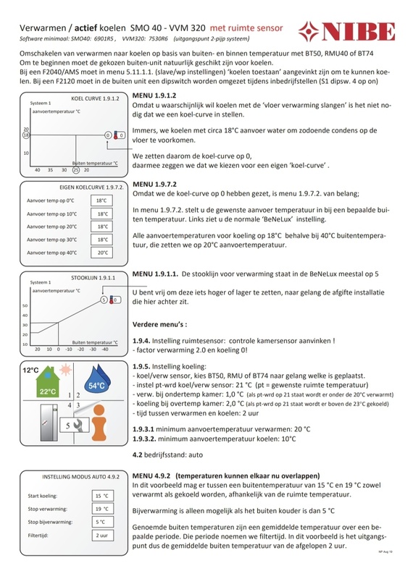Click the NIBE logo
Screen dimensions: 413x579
347,31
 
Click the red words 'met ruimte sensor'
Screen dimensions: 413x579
246,28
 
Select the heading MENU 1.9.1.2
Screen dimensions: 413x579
154,96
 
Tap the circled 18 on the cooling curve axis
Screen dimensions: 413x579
26,135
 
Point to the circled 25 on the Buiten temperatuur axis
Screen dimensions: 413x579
76,170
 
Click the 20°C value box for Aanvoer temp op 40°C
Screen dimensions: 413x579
101,253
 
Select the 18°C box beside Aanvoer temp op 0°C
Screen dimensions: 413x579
101,200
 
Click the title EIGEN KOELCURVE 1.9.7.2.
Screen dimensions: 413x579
91,187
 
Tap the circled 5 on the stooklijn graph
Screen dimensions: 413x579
104,300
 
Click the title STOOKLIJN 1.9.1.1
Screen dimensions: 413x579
93,278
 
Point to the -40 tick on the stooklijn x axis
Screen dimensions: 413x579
105,349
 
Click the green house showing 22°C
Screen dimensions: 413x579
47,381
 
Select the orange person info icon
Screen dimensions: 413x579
99,423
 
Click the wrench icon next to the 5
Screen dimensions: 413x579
80,426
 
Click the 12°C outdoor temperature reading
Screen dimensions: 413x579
30,370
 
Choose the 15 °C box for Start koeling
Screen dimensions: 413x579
103,496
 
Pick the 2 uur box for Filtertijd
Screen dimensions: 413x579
103,536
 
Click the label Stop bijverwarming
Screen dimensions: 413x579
50,522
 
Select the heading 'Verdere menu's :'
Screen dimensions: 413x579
159,324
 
